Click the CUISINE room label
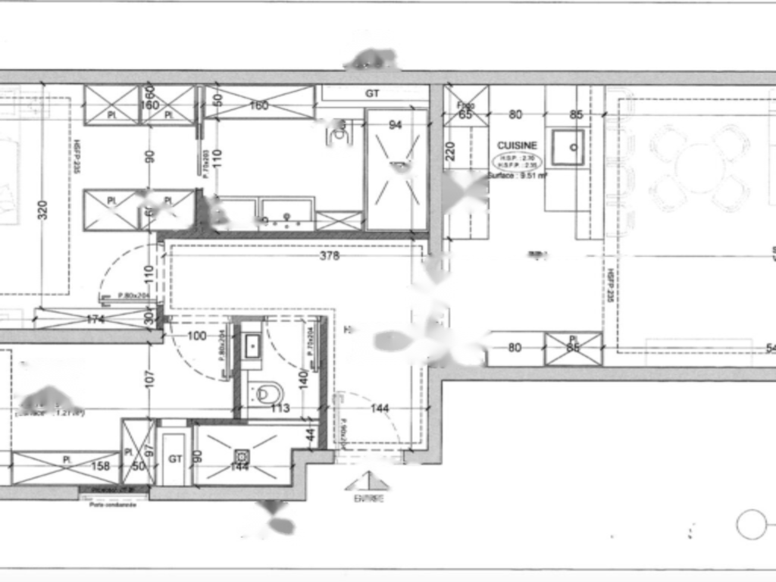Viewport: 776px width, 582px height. (517, 145)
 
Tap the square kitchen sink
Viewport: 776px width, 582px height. (567, 147)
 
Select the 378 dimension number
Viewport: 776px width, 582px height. (330, 256)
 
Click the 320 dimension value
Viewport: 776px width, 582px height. (42, 209)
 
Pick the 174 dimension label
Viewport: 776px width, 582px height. (95, 320)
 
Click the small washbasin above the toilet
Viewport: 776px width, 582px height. (253, 347)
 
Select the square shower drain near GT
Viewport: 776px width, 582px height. (242, 455)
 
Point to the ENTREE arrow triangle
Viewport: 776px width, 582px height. (368, 482)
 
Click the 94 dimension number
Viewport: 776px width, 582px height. (395, 125)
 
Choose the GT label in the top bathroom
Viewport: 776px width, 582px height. (372, 94)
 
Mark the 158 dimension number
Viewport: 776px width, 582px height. (101, 466)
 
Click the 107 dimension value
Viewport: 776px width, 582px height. (149, 376)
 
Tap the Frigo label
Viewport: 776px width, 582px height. (465, 106)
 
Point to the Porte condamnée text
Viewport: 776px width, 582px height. (112, 505)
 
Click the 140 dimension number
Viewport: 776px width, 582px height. (303, 376)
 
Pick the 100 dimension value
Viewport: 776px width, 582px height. (196, 336)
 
